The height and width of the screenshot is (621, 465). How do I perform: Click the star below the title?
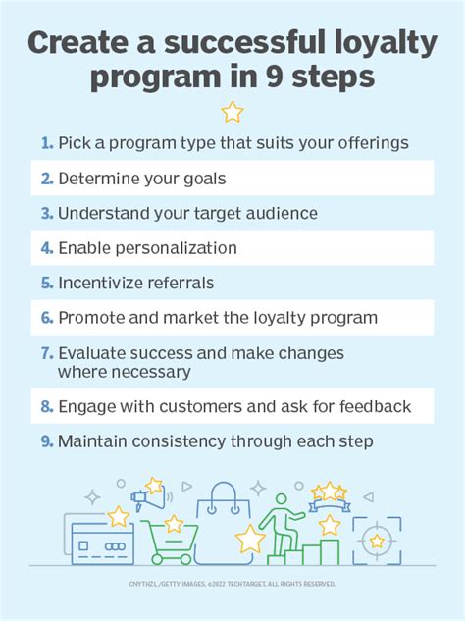pos(232,113)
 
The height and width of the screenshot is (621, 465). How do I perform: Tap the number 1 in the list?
pos(47,143)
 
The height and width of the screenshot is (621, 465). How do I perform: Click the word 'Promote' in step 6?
pos(91,318)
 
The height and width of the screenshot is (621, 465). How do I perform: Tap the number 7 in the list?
pos(46,353)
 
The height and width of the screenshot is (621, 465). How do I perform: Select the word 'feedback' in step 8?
pos(372,406)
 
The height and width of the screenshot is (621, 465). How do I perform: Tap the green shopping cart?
pos(169,541)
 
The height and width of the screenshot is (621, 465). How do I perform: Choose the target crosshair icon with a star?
pos(376,541)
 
